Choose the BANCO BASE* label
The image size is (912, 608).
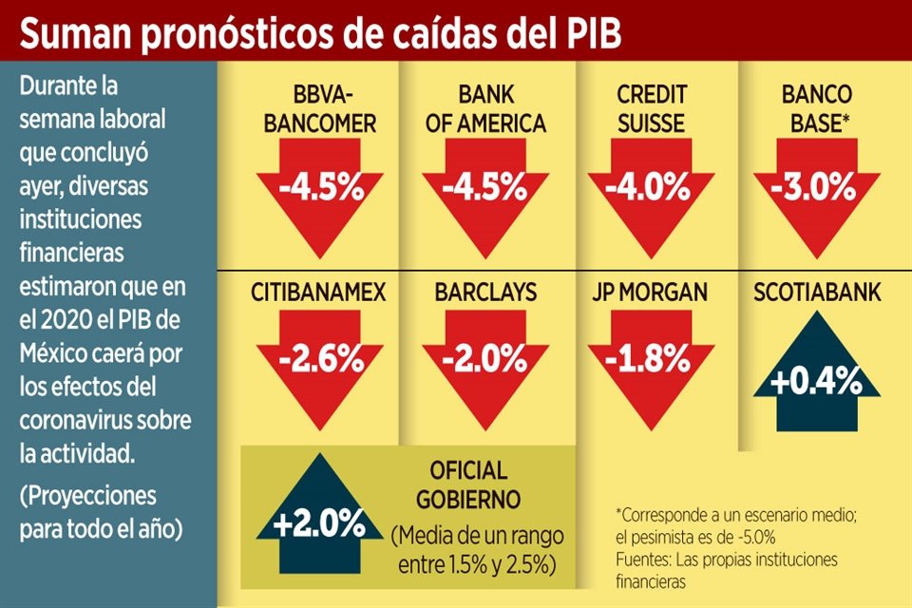(817, 109)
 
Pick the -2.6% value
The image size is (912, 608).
(320, 361)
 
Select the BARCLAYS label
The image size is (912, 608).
(484, 292)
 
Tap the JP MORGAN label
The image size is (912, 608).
(650, 292)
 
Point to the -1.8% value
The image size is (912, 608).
(650, 361)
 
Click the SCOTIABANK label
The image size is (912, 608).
(815, 292)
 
